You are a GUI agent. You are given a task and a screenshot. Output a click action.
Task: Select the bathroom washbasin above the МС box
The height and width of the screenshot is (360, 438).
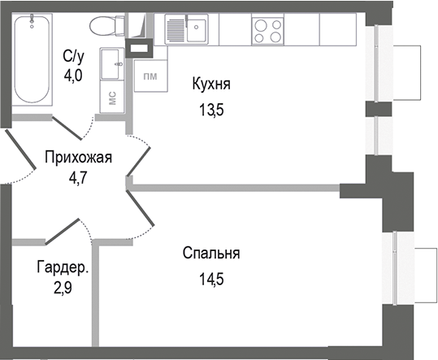[112, 63]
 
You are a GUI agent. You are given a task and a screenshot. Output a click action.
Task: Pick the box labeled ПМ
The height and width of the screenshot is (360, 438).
[150, 77]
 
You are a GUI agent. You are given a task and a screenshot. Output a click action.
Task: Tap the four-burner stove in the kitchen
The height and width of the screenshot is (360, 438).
[268, 30]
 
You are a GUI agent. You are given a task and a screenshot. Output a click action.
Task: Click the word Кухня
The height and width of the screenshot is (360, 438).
[211, 83]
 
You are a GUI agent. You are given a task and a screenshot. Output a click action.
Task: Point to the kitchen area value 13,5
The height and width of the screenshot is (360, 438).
[208, 111]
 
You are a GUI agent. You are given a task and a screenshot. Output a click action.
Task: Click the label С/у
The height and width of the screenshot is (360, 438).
[72, 55]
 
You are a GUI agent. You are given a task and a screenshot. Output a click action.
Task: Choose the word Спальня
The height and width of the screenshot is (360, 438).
[210, 254]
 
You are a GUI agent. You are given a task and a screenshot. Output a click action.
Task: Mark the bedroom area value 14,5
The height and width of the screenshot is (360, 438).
[210, 283]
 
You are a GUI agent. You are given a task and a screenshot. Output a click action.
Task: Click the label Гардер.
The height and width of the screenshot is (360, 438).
[62, 267]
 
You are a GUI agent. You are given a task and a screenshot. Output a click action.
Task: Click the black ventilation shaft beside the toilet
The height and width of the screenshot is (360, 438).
[139, 46]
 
